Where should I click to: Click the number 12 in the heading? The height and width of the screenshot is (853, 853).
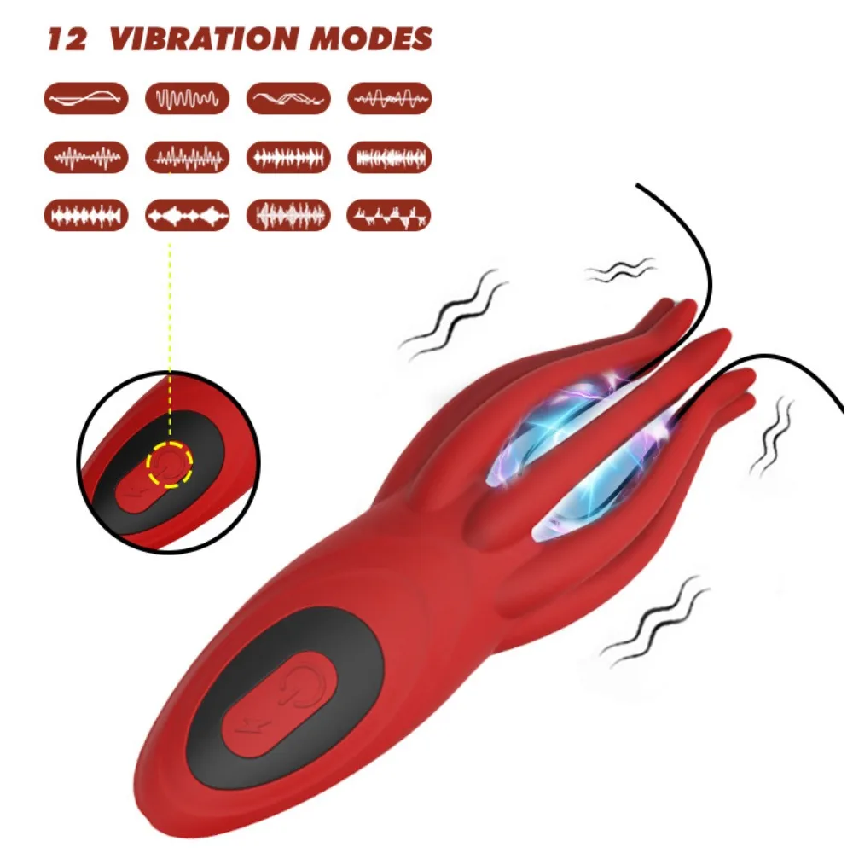pos(67,39)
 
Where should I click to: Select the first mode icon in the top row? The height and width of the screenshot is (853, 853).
pos(86,98)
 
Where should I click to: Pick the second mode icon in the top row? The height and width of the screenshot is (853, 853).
pos(187,98)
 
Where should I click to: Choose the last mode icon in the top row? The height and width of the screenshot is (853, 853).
pos(390,98)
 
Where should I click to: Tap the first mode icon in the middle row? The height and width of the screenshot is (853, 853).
pos(86,157)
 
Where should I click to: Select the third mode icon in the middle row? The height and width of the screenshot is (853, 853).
pos(288,157)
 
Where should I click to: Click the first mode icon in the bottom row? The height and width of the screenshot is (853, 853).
pos(86,216)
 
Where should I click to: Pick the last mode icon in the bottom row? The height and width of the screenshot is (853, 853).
pos(388,216)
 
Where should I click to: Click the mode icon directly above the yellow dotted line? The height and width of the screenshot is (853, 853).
pos(187,216)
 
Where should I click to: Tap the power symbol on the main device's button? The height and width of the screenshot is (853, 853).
pos(300,687)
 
